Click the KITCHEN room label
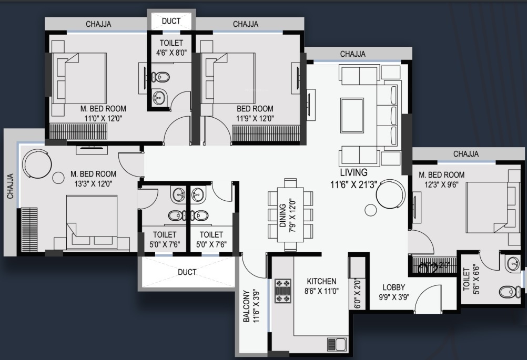321,281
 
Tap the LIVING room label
353,172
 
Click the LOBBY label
394,287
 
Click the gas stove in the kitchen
282,291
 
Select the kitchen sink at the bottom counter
337,344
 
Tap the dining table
290,215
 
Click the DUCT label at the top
171,21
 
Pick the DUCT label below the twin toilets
187,272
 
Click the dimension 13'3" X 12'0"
93,183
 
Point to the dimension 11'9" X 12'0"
255,118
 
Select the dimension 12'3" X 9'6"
441,184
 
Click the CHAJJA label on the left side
10,186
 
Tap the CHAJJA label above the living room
352,54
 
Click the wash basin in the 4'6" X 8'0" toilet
159,97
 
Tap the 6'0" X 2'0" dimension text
357,292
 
